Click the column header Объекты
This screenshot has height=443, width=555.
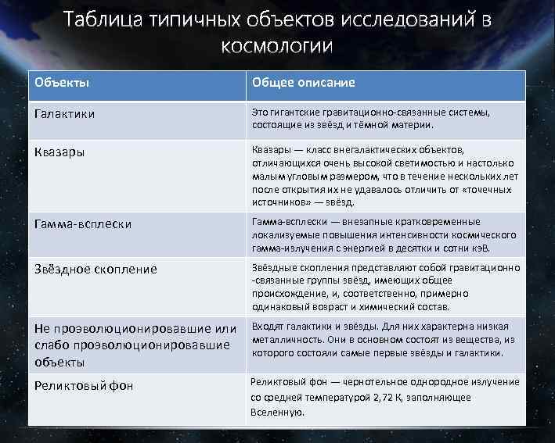pos(60,83)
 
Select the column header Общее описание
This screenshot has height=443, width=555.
pos(303,83)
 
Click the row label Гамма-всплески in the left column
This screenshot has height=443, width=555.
pos(81,224)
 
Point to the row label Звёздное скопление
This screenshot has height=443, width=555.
pos(95,269)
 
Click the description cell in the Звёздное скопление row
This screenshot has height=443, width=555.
pos(384,287)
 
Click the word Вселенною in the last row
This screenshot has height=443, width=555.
pos(277,412)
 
